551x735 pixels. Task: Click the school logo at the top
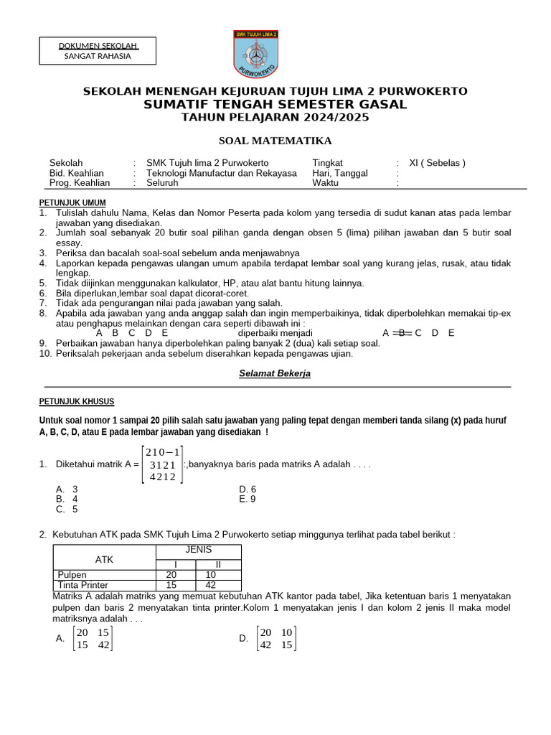(255, 55)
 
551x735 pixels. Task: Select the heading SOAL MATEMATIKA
(275, 141)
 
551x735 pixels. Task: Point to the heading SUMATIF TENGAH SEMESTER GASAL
(275, 104)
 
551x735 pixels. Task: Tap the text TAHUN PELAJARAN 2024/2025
(275, 117)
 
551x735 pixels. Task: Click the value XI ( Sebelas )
(437, 163)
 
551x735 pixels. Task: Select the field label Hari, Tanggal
(340, 173)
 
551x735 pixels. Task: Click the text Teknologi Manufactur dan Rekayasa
(221, 173)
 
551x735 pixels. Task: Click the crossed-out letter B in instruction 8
(402, 333)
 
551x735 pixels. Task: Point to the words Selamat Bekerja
(275, 374)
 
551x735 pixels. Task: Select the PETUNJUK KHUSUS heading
(76, 401)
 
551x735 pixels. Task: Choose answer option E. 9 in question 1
(248, 499)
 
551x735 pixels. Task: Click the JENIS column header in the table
(199, 550)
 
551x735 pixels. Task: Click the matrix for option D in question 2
(277, 638)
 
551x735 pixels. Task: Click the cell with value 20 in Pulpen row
(171, 575)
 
